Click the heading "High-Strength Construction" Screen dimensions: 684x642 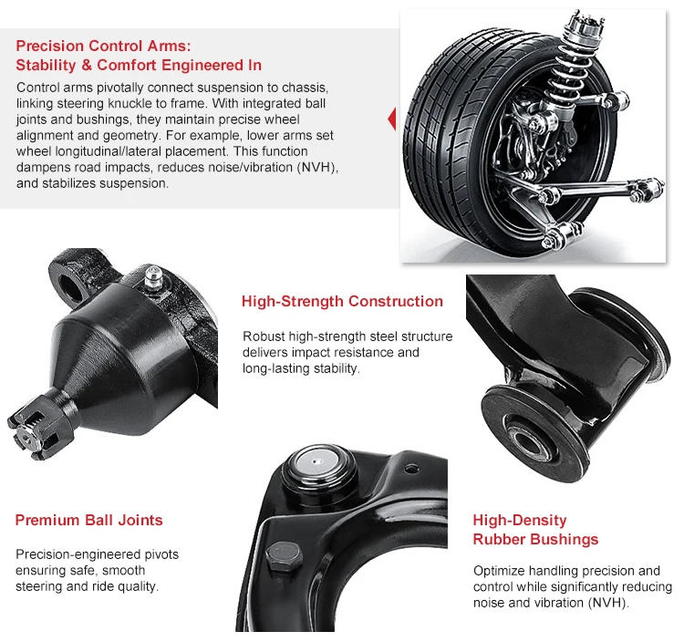pyautogui.click(x=342, y=301)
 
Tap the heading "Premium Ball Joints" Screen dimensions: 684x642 pyautogui.click(x=88, y=520)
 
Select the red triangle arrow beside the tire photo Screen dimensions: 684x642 pyautogui.click(x=392, y=119)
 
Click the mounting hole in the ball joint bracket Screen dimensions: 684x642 pyautogui.click(x=69, y=288)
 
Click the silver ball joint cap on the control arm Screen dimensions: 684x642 pyautogui.click(x=317, y=463)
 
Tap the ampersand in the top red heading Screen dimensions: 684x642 pyautogui.click(x=87, y=66)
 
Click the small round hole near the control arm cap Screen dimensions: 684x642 pyautogui.click(x=409, y=469)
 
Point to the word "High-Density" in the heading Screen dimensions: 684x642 pyautogui.click(x=520, y=521)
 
